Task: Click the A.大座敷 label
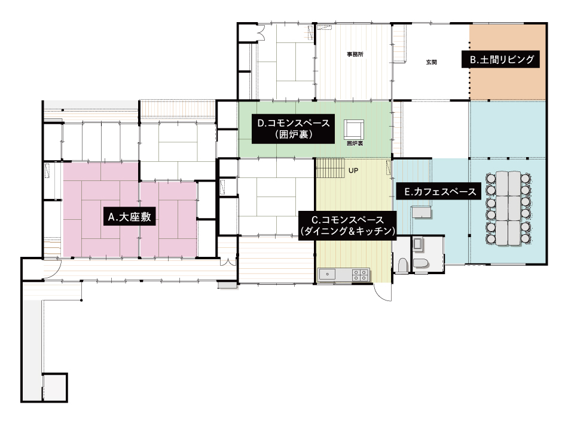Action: coord(130,216)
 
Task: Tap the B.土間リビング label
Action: coord(500,60)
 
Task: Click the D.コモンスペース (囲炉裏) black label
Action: coord(293,128)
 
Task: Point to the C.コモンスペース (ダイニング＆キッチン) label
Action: coord(348,226)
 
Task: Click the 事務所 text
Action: coord(355,54)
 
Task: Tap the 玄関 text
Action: coord(431,62)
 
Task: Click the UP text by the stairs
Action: coord(353,170)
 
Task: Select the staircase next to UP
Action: coord(330,167)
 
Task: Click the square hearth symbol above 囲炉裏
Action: coord(354,130)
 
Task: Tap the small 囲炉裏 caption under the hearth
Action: coord(355,144)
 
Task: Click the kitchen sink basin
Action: coord(328,274)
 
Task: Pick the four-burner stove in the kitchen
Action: coord(361,275)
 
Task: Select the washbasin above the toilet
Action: coord(418,244)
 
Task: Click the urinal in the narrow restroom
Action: coord(402,265)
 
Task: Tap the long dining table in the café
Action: coord(508,208)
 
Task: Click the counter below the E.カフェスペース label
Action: coord(421,212)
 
